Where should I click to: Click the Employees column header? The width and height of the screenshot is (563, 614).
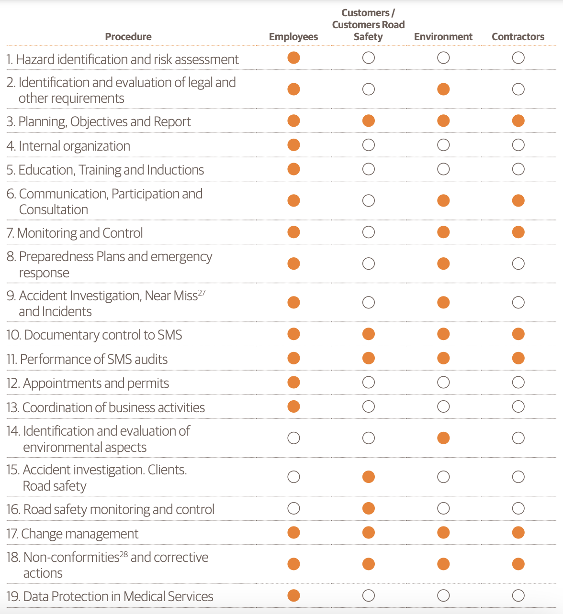[293, 37]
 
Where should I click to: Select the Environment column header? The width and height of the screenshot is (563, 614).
[443, 37]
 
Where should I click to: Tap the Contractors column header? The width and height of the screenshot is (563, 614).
[518, 37]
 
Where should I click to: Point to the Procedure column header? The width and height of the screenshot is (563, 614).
[128, 37]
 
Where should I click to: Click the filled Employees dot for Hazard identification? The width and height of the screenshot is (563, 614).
[293, 57]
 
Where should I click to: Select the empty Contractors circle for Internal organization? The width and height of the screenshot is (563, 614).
[518, 145]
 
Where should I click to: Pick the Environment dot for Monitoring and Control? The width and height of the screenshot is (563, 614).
[443, 232]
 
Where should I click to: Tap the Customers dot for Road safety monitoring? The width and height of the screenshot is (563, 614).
[368, 508]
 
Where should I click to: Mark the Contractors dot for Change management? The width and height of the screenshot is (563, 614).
[518, 533]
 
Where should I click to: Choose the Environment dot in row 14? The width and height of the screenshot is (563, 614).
[443, 438]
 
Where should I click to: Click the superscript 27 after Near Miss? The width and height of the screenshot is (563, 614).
[202, 293]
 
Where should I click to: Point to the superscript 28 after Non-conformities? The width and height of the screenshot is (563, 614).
[124, 554]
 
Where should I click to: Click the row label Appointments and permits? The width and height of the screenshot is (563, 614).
[88, 383]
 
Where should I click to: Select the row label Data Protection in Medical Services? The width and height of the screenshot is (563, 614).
[110, 596]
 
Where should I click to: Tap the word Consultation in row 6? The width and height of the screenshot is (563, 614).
[54, 209]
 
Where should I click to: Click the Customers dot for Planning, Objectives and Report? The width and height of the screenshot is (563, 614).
[368, 121]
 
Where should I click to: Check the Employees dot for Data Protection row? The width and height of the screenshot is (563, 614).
[293, 596]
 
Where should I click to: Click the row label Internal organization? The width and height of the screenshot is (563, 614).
[68, 146]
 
